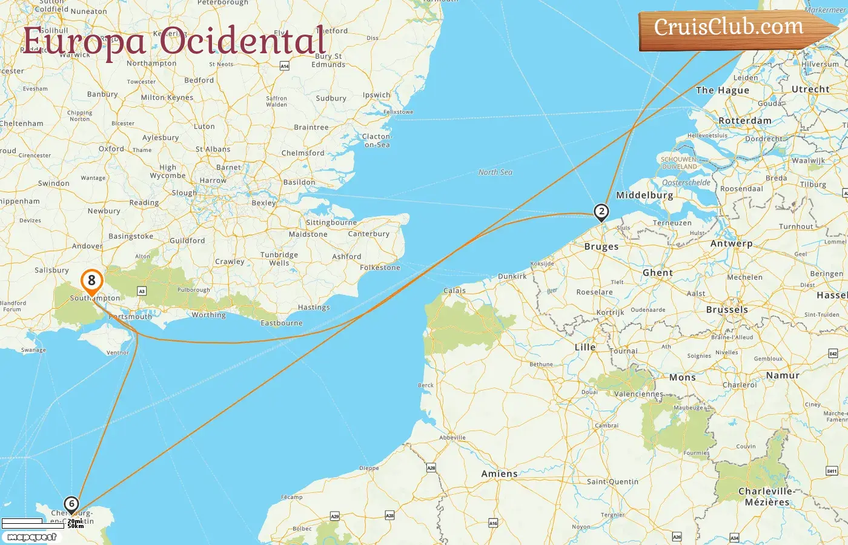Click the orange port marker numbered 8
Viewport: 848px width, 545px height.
(91, 281)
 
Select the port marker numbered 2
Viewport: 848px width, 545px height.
(601, 211)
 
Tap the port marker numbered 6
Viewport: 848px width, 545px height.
(71, 504)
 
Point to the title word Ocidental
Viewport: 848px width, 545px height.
(243, 41)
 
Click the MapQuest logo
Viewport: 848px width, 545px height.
(32, 537)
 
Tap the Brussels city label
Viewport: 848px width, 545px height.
(727, 309)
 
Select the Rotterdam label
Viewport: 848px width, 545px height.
(745, 121)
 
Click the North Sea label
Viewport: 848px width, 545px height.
(495, 173)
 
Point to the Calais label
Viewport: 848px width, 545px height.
(454, 291)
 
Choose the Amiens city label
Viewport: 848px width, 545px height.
(499, 474)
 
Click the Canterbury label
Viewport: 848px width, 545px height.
(369, 234)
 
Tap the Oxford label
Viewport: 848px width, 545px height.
(111, 149)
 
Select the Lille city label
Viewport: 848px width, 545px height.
(585, 347)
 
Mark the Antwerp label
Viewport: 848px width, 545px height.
(731, 243)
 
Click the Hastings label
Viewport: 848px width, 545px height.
(314, 308)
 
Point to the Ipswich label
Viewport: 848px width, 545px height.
(377, 95)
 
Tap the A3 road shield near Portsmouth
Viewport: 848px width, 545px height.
(142, 291)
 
